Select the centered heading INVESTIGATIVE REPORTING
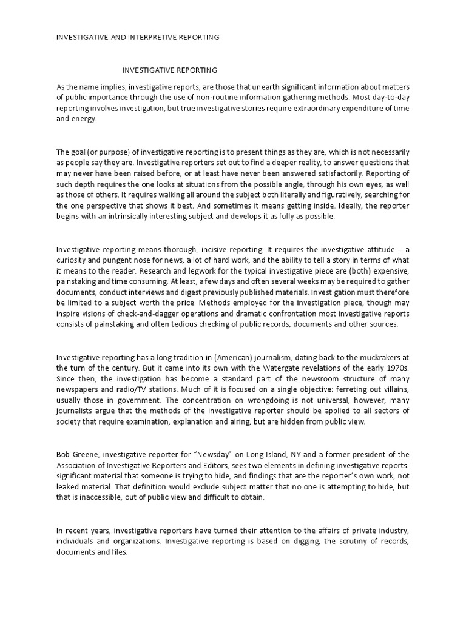pos(171,70)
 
